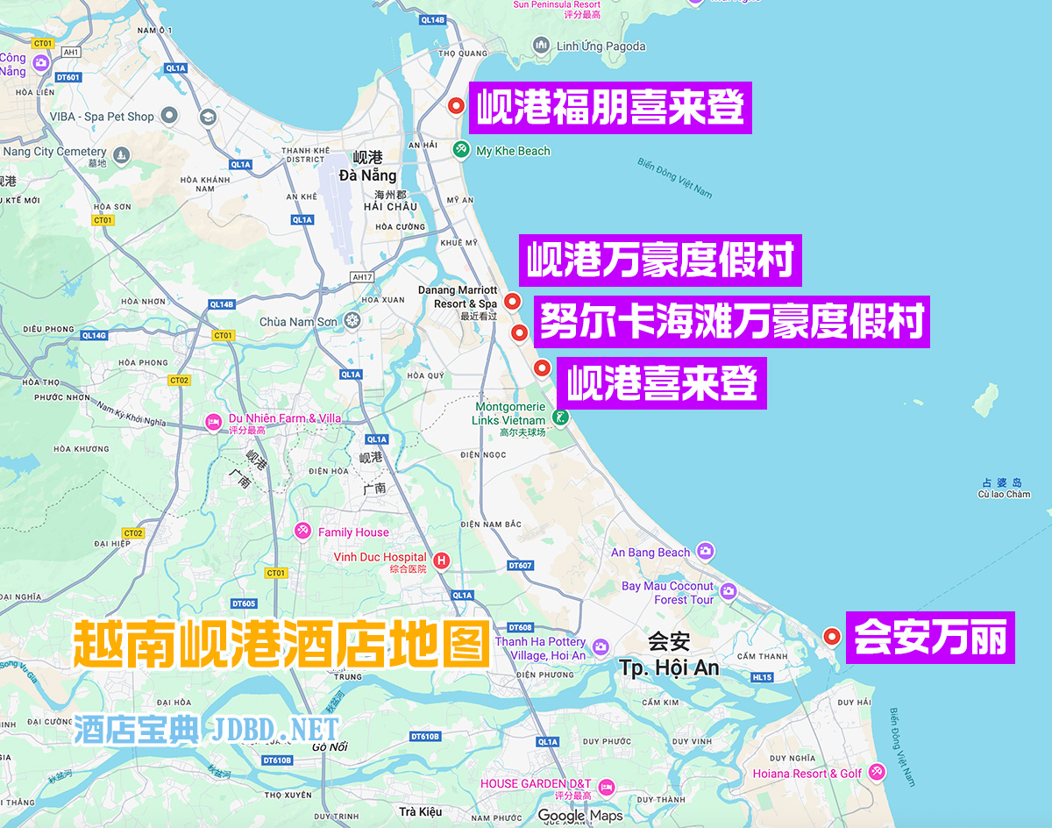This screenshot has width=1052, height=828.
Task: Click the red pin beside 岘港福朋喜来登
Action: [x=456, y=106]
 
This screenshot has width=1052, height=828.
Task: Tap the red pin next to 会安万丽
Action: [x=832, y=636]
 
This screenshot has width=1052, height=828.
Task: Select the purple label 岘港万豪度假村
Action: [x=660, y=261]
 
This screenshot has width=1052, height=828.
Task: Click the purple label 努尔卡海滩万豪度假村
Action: [x=731, y=322]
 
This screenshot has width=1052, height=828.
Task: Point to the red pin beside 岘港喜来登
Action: [x=542, y=368]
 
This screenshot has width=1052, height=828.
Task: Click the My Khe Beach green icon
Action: [x=461, y=150]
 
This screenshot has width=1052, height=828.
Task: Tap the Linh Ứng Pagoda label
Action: [x=601, y=46]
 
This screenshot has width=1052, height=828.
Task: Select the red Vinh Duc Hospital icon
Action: [x=442, y=559]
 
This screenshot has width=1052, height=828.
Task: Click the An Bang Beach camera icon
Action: [x=706, y=552]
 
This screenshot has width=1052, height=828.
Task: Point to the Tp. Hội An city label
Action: [x=669, y=667]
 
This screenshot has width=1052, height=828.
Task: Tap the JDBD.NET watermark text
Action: [x=274, y=730]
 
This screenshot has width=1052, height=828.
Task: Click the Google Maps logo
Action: [x=579, y=816]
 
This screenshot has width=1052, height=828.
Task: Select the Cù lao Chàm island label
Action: [x=1004, y=494]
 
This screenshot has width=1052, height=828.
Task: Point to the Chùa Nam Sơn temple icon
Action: [x=352, y=321]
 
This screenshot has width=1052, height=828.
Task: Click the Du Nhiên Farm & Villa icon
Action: [x=213, y=423]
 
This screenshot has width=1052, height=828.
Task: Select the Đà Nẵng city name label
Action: [x=367, y=175]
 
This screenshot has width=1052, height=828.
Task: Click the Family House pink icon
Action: [x=302, y=532]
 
